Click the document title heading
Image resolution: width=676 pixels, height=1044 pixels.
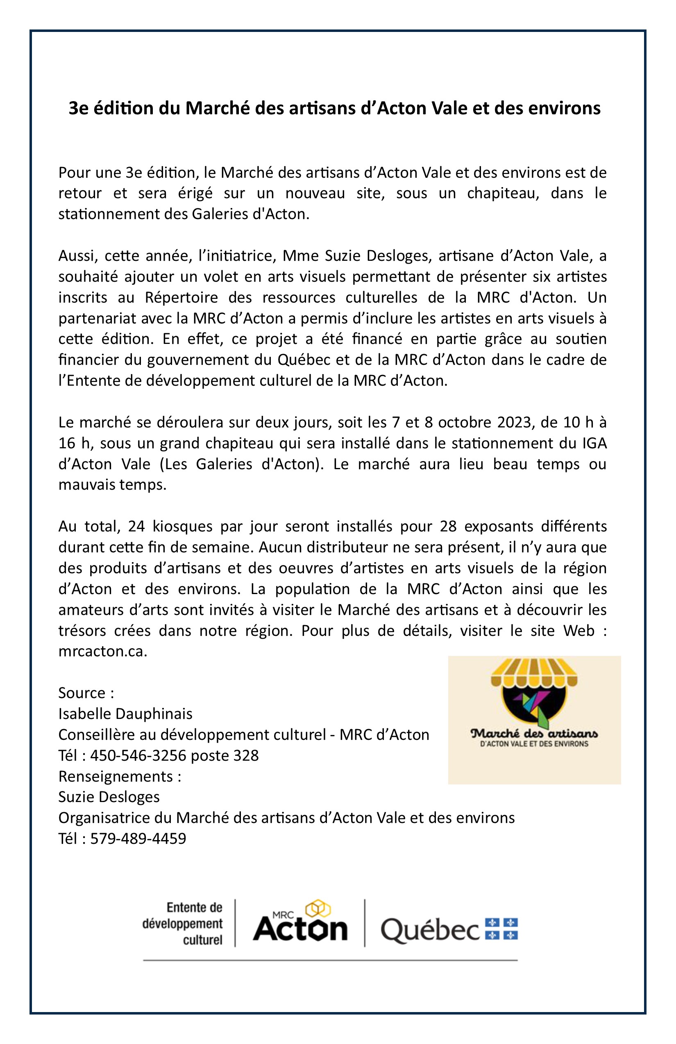tap(334, 108)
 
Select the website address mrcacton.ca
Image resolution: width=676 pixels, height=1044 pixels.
tap(102, 651)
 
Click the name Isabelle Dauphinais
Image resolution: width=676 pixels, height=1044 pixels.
tap(125, 714)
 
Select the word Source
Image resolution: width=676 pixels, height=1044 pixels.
tap(82, 693)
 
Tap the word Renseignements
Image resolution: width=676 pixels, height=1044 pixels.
tap(116, 776)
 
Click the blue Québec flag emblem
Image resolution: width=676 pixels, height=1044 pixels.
tap(501, 929)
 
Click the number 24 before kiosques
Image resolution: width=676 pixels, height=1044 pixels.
tap(136, 527)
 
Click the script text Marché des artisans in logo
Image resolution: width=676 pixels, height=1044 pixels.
tap(534, 733)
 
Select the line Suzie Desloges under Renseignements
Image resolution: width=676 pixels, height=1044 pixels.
tap(109, 797)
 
